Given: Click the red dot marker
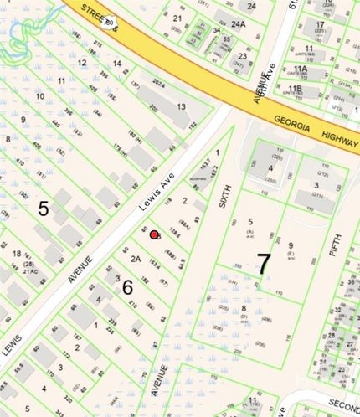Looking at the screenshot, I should [x=153, y=235].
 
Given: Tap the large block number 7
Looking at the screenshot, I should [x=264, y=264].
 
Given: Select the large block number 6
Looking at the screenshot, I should [x=127, y=287].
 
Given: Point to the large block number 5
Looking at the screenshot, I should [x=43, y=208].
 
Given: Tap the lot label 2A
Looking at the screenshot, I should [x=135, y=259].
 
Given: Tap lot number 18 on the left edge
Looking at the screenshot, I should [x=17, y=253].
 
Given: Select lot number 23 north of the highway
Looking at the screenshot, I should [x=242, y=57].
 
